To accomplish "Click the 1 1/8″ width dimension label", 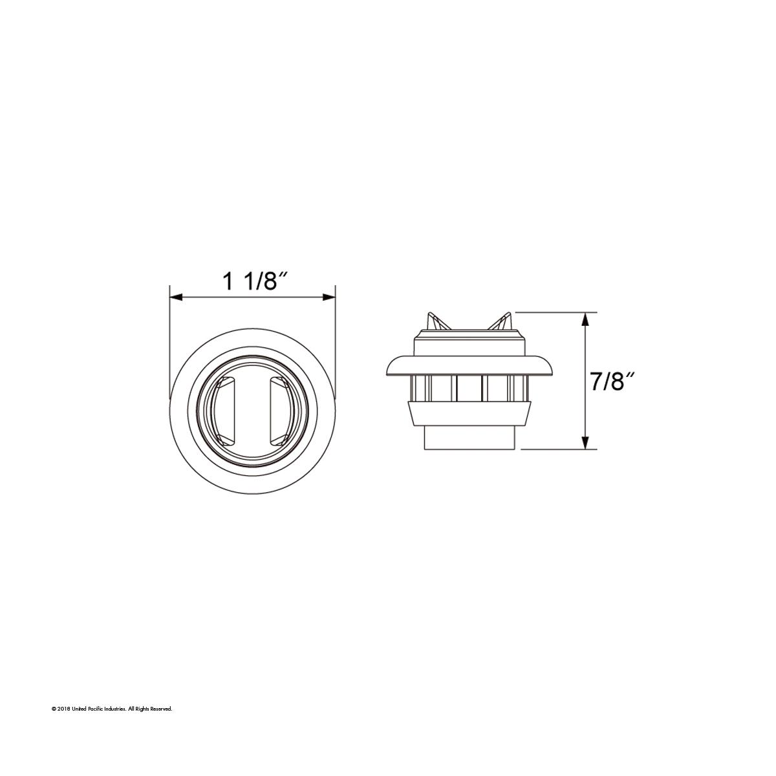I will (x=254, y=283).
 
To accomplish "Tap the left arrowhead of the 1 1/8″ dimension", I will (x=176, y=297).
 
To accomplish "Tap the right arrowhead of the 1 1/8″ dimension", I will (x=329, y=297).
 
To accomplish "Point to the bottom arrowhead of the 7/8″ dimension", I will (x=585, y=442).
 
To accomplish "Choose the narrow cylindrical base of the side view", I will (x=469, y=440).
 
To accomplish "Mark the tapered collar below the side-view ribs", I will (x=469, y=413).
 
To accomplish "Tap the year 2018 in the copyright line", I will (x=63, y=709).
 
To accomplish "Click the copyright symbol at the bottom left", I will (x=54, y=709).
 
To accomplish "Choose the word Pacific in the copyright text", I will (x=95, y=709).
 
